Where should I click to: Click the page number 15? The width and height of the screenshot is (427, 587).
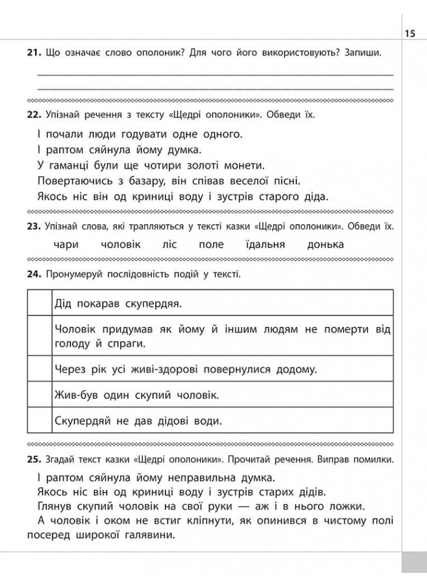[409, 33]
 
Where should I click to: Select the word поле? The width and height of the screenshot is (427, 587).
[211, 245]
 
